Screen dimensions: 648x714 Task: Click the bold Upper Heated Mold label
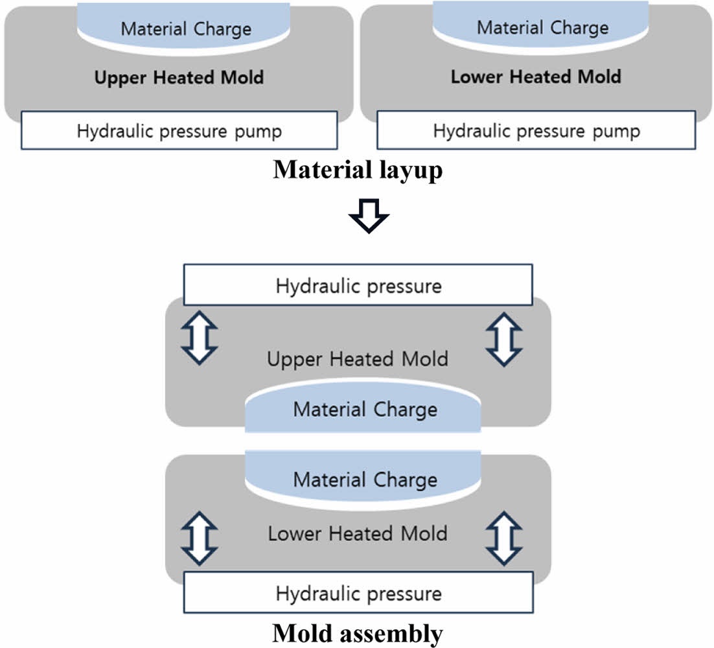[179, 78]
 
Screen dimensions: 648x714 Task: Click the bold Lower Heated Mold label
[536, 76]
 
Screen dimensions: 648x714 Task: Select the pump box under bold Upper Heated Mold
[179, 130]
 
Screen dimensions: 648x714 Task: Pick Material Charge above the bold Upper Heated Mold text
[186, 29]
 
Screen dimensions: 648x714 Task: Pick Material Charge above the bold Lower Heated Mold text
[542, 27]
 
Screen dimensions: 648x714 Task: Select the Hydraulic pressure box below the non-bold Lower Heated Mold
[358, 593]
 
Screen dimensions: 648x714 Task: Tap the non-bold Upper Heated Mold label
[358, 358]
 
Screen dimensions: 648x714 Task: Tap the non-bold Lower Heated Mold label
[358, 533]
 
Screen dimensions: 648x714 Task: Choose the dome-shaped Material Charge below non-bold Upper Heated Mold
[364, 409]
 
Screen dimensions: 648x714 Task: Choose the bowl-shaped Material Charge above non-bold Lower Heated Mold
[364, 480]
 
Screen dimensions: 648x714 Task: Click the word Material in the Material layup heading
[313, 170]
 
